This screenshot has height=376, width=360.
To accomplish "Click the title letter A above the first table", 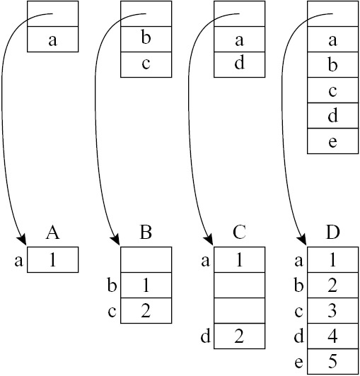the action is click(52, 233).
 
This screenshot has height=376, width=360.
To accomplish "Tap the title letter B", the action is click(146, 233).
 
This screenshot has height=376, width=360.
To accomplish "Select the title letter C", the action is click(239, 233).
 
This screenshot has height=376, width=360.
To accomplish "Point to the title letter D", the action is click(332, 233).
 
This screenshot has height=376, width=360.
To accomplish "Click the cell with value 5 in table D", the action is click(333, 362).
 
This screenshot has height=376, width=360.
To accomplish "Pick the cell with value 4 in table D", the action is click(333, 336).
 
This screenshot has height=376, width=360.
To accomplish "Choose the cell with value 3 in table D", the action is click(333, 311).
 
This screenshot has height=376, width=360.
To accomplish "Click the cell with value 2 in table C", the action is click(240, 336).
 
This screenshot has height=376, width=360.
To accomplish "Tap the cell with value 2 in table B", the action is click(146, 311).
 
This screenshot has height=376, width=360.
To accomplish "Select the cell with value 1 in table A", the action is click(53, 259).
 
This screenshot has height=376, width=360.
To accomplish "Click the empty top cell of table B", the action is click(146, 259).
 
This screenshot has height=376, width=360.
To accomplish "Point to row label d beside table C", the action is click(206, 336).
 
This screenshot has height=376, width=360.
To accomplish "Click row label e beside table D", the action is click(298, 363).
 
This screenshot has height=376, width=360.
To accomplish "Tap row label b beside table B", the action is click(112, 285).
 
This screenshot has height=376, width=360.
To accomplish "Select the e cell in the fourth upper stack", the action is click(333, 141).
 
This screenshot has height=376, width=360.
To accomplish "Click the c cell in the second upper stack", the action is click(146, 64).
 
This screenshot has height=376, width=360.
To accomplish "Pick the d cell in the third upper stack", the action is click(240, 64).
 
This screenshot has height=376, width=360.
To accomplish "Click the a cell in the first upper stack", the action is click(53, 39).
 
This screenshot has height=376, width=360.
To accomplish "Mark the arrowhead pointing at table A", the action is click(22, 240).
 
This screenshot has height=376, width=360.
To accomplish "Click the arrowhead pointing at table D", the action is click(302, 240).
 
